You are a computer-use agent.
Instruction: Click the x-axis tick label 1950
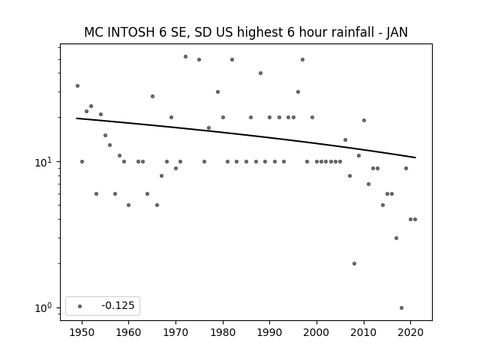[82, 332]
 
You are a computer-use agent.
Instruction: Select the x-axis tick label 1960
[128, 332]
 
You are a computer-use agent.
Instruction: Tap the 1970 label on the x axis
[175, 332]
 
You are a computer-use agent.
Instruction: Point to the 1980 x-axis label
[223, 332]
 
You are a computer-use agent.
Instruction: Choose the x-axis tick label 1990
[270, 332]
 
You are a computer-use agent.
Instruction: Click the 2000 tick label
[316, 332]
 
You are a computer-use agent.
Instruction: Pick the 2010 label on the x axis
[364, 332]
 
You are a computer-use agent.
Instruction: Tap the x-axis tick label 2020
[411, 332]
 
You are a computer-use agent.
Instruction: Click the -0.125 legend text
[118, 305]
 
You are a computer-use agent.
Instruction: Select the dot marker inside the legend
[80, 306]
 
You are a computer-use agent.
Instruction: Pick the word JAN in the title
[397, 33]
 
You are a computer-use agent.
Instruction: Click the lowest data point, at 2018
[402, 307]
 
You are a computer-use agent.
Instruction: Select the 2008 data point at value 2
[355, 263]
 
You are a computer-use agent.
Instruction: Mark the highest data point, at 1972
[185, 57]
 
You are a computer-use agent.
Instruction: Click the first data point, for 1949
[77, 86]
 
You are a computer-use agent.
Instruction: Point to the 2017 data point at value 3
[397, 238]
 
